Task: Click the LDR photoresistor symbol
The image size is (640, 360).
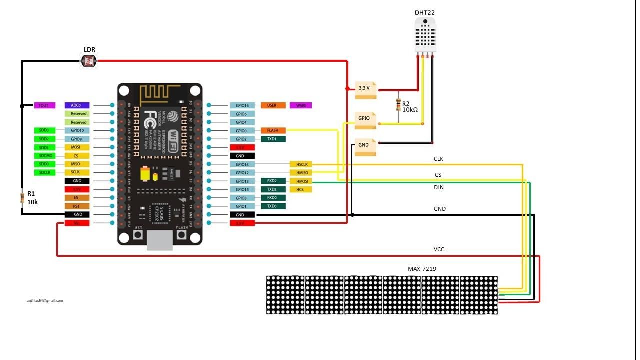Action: pos(89,61)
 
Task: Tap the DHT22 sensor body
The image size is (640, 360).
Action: pos(425,34)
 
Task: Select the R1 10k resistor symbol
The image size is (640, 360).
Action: pos(22,197)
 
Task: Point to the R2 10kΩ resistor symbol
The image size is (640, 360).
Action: pos(398,105)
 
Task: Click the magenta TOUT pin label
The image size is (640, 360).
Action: pos(44,105)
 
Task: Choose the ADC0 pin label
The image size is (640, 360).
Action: pos(77,105)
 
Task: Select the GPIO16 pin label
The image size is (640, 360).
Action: pos(242,105)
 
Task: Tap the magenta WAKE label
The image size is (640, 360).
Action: pos(301,105)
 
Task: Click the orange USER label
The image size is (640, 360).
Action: pos(272,105)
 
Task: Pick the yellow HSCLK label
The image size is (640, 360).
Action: pos(301,164)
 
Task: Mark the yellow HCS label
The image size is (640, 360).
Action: pos(301,189)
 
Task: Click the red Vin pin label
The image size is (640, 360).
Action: pos(77,223)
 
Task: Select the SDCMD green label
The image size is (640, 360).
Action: pos(44,156)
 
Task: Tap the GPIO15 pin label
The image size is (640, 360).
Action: pos(242,189)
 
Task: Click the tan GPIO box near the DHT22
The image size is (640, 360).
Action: pos(365,118)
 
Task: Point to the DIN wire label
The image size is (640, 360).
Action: pos(438,187)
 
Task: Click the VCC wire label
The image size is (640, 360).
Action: pos(439,249)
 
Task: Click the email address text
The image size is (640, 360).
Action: pos(45,300)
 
